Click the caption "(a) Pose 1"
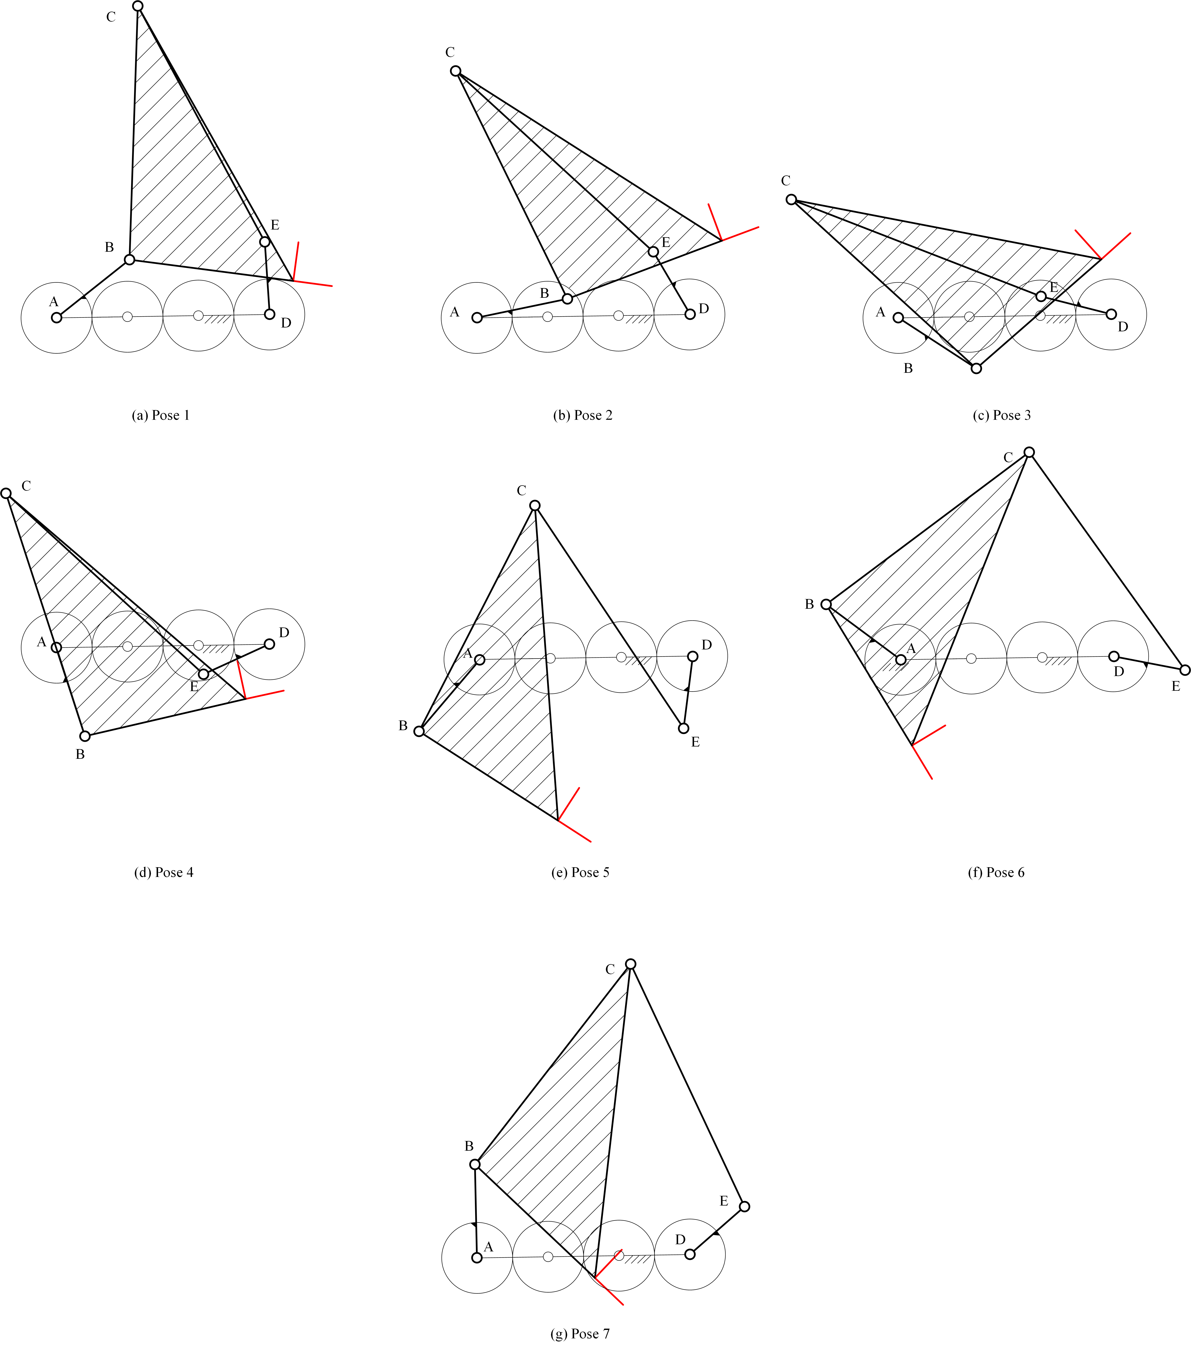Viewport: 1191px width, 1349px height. click(161, 415)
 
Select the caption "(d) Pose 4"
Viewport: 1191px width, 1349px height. click(164, 873)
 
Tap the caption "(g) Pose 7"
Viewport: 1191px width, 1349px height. click(580, 1334)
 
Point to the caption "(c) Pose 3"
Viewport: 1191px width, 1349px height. click(1002, 415)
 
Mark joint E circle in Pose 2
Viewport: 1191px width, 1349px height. click(653, 252)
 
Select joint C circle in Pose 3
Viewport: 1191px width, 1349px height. click(791, 199)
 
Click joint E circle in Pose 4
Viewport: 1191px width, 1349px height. click(204, 674)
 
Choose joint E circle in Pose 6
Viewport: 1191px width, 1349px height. click(1185, 670)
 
